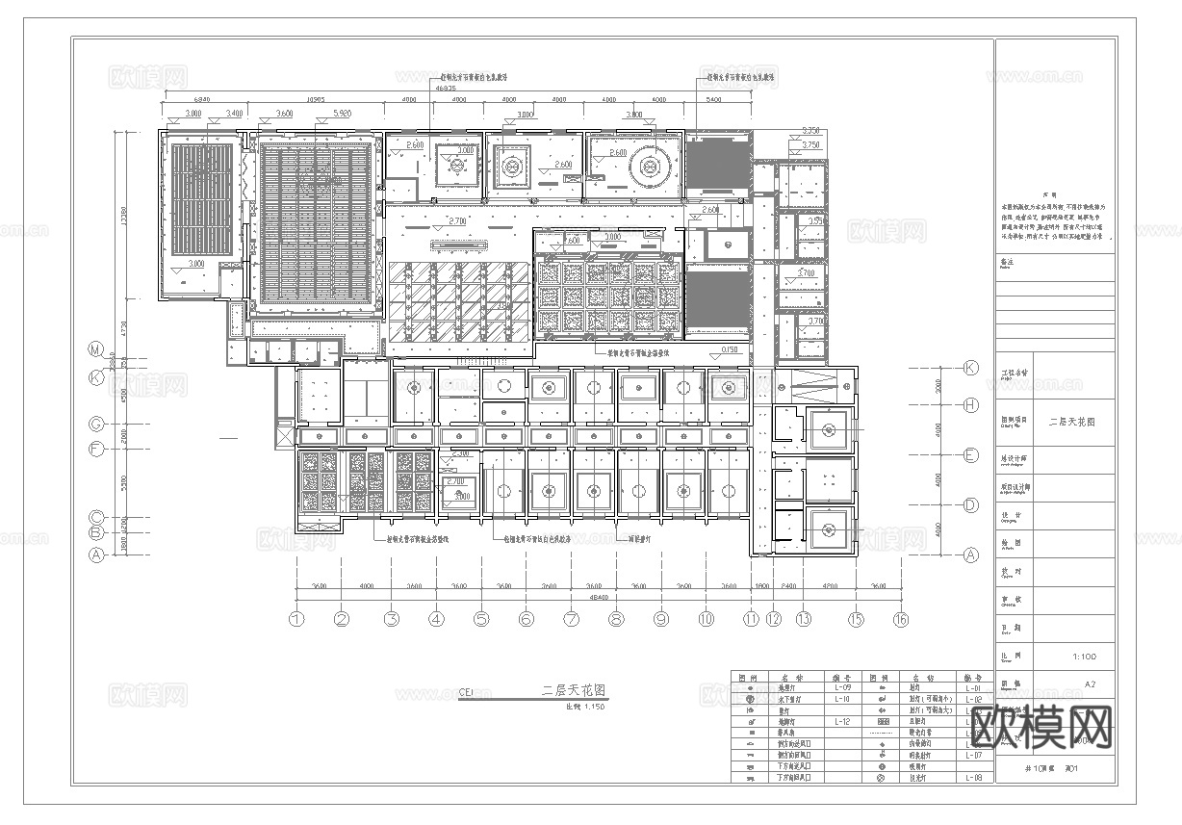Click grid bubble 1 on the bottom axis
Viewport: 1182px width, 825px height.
click(x=297, y=620)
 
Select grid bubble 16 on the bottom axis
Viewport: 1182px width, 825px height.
click(x=900, y=620)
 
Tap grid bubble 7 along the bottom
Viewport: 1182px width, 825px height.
click(x=571, y=620)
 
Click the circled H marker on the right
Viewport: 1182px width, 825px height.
click(x=970, y=405)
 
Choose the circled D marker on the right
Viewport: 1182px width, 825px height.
click(x=970, y=504)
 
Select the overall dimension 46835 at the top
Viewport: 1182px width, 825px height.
click(x=447, y=88)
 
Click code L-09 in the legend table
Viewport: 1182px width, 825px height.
click(x=841, y=688)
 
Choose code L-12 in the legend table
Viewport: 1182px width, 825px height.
click(x=841, y=720)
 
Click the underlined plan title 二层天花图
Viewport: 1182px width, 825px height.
click(x=574, y=690)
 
